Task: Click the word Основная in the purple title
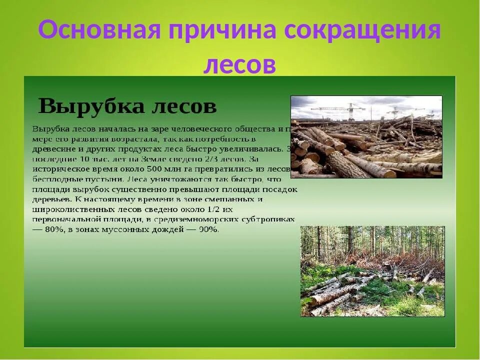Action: (x=99, y=31)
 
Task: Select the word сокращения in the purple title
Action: (x=362, y=31)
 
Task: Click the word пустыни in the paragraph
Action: (x=104, y=179)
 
